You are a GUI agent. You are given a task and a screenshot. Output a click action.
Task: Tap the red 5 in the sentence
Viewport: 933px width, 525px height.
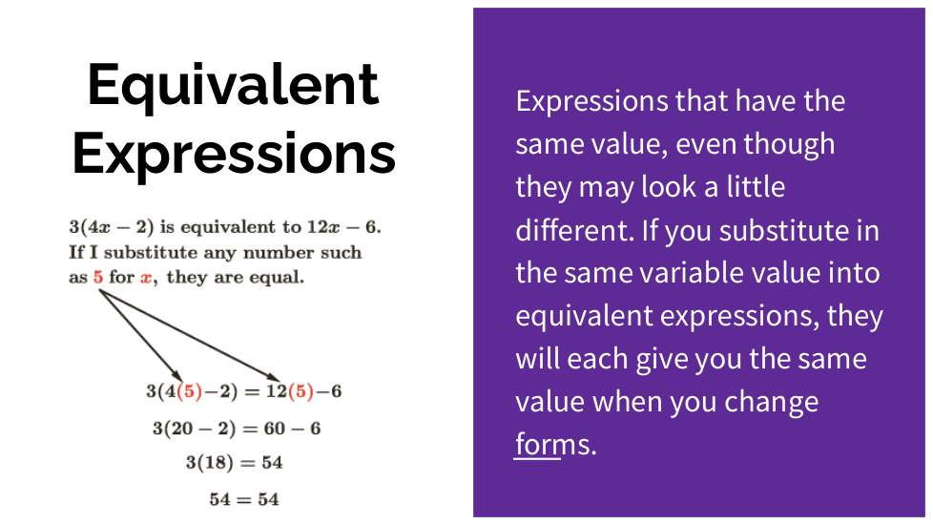(98, 278)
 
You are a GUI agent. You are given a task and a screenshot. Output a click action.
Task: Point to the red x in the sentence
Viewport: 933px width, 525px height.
(146, 278)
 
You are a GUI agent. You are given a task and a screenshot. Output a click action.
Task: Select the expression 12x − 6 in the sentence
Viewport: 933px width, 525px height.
(342, 227)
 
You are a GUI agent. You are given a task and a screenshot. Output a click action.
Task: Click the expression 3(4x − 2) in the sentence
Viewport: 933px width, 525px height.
(112, 227)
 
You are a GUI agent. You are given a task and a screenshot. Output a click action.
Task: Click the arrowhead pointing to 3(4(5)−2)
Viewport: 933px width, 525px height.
(176, 376)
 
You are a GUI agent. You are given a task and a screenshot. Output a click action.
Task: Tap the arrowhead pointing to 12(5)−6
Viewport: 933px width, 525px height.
(273, 377)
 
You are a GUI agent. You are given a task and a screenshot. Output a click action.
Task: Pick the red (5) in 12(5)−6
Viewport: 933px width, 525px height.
(301, 391)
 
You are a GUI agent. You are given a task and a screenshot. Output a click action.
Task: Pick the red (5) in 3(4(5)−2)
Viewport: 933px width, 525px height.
(190, 391)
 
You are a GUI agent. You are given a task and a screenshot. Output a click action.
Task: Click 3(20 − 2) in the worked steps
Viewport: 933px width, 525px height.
(194, 429)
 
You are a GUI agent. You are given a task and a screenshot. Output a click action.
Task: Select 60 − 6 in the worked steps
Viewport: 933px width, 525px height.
(292, 429)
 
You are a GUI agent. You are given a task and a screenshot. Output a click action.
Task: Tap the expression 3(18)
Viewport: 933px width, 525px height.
(210, 463)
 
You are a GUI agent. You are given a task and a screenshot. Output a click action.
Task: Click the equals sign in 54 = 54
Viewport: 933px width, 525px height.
(244, 500)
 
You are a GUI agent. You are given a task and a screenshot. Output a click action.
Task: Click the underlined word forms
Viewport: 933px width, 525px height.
(538, 444)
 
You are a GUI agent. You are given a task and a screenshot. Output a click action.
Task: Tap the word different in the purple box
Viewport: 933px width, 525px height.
(570, 231)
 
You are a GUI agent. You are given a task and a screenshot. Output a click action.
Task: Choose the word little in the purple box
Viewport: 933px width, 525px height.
(756, 187)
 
